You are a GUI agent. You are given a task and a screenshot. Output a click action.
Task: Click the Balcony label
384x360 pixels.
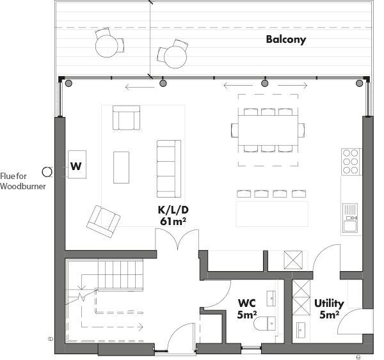click(286, 40)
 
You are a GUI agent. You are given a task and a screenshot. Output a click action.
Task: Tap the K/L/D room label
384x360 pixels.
click(173, 210)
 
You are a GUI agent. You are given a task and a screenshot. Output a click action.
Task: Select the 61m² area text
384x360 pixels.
click(173, 221)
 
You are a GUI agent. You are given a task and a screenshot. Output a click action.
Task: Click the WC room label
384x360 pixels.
click(247, 303)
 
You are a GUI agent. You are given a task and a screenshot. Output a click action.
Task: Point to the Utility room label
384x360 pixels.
click(329, 304)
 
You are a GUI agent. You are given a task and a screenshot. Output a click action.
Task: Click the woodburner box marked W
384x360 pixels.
click(77, 164)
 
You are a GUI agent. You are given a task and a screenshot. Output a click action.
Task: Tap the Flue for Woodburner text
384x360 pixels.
click(23, 181)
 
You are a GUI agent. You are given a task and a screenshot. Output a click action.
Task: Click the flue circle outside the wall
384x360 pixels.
click(47, 172)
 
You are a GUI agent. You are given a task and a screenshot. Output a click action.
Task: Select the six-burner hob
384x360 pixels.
click(351, 162)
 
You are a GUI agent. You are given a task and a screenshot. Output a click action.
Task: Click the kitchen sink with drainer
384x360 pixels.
click(350, 218)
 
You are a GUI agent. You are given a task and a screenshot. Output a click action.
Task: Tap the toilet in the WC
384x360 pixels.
click(265, 324)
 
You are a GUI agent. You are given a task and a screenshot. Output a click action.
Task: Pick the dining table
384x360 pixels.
click(268, 130)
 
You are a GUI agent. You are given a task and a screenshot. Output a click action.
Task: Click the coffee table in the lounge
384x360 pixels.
click(121, 168)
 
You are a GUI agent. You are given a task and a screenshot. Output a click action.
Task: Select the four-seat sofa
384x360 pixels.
click(169, 169)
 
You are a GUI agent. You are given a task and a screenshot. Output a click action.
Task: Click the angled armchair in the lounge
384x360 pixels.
click(103, 221)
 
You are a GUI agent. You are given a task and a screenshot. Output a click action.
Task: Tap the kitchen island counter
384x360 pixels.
click(272, 214)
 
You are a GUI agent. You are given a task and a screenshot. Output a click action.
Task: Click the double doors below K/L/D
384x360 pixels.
click(177, 240)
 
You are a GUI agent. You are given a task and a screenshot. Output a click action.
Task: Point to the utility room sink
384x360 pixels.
click(301, 330)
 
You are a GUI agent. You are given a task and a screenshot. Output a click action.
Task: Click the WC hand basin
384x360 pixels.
click(271, 299)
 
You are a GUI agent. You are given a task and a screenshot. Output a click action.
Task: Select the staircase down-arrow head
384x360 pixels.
click(81, 287)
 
